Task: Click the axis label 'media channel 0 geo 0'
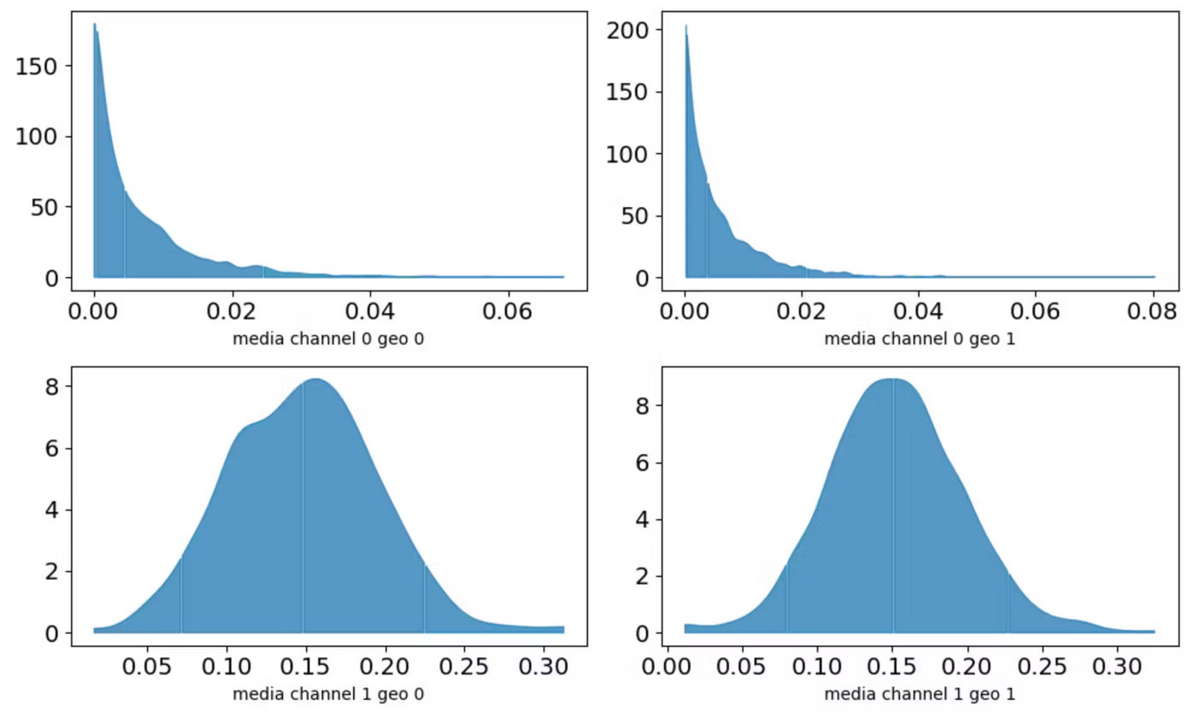(328, 339)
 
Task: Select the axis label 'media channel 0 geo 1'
(920, 339)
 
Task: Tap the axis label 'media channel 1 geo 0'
(328, 693)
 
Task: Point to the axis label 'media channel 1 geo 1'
(920, 693)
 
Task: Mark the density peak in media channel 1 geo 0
(316, 379)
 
